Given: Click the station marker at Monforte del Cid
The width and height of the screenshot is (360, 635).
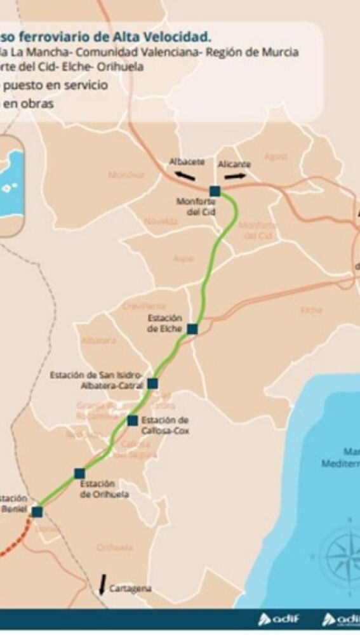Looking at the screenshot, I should (215, 190).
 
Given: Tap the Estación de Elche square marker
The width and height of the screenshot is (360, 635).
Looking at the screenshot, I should (192, 329).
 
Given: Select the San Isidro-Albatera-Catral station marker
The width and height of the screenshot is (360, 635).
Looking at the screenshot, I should (152, 383).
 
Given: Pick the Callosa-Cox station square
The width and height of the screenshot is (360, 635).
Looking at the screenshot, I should (132, 420).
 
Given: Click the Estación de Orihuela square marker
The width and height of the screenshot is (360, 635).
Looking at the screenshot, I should (79, 473).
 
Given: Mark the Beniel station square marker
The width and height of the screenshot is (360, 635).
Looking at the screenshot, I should (37, 512).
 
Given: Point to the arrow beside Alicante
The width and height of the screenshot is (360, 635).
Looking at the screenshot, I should (238, 177).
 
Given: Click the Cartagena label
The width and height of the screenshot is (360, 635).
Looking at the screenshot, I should (130, 589).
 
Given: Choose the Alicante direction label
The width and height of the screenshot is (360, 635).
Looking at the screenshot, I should (234, 164).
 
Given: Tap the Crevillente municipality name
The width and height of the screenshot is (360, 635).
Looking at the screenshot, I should (144, 305).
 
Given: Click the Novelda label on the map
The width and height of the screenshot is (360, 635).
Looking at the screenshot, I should (161, 221).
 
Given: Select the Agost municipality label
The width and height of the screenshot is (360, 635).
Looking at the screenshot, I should (275, 157).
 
